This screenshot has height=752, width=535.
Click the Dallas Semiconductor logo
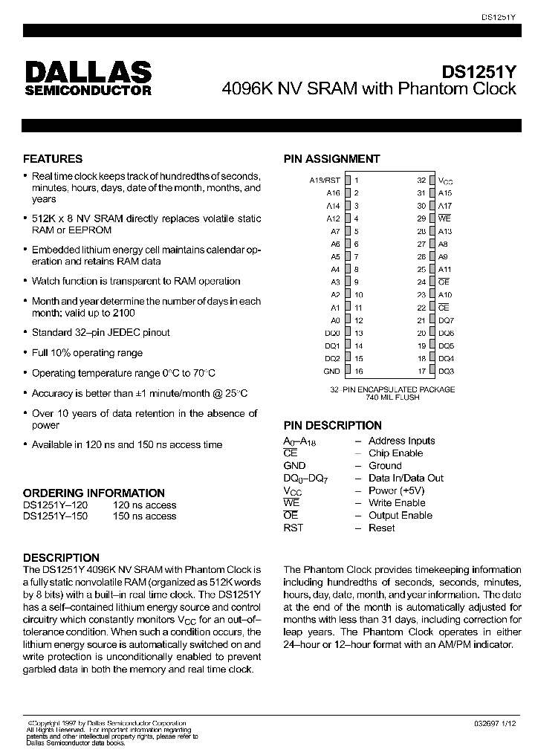click(88, 78)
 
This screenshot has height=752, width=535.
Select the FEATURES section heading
click(53, 158)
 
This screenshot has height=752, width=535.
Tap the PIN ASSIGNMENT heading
click(331, 158)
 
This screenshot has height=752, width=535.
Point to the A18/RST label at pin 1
click(325, 180)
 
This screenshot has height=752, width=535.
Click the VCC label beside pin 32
click(446, 181)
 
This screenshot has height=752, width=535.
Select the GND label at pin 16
click(331, 371)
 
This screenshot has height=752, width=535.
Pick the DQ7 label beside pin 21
click(446, 320)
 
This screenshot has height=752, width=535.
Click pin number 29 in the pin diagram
click(421, 218)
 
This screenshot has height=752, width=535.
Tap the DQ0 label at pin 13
click(332, 333)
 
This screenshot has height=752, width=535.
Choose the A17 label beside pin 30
click(444, 206)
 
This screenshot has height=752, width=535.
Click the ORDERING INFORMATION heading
click(94, 493)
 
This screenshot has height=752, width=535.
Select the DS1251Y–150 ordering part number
click(56, 516)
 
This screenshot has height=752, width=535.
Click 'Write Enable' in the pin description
click(397, 503)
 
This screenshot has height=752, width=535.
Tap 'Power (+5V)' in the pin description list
click(396, 490)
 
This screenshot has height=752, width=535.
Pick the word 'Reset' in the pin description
click(382, 528)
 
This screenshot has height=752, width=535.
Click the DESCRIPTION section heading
click(61, 557)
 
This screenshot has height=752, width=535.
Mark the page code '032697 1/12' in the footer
click(497, 723)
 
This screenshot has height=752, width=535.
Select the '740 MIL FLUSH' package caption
click(392, 398)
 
